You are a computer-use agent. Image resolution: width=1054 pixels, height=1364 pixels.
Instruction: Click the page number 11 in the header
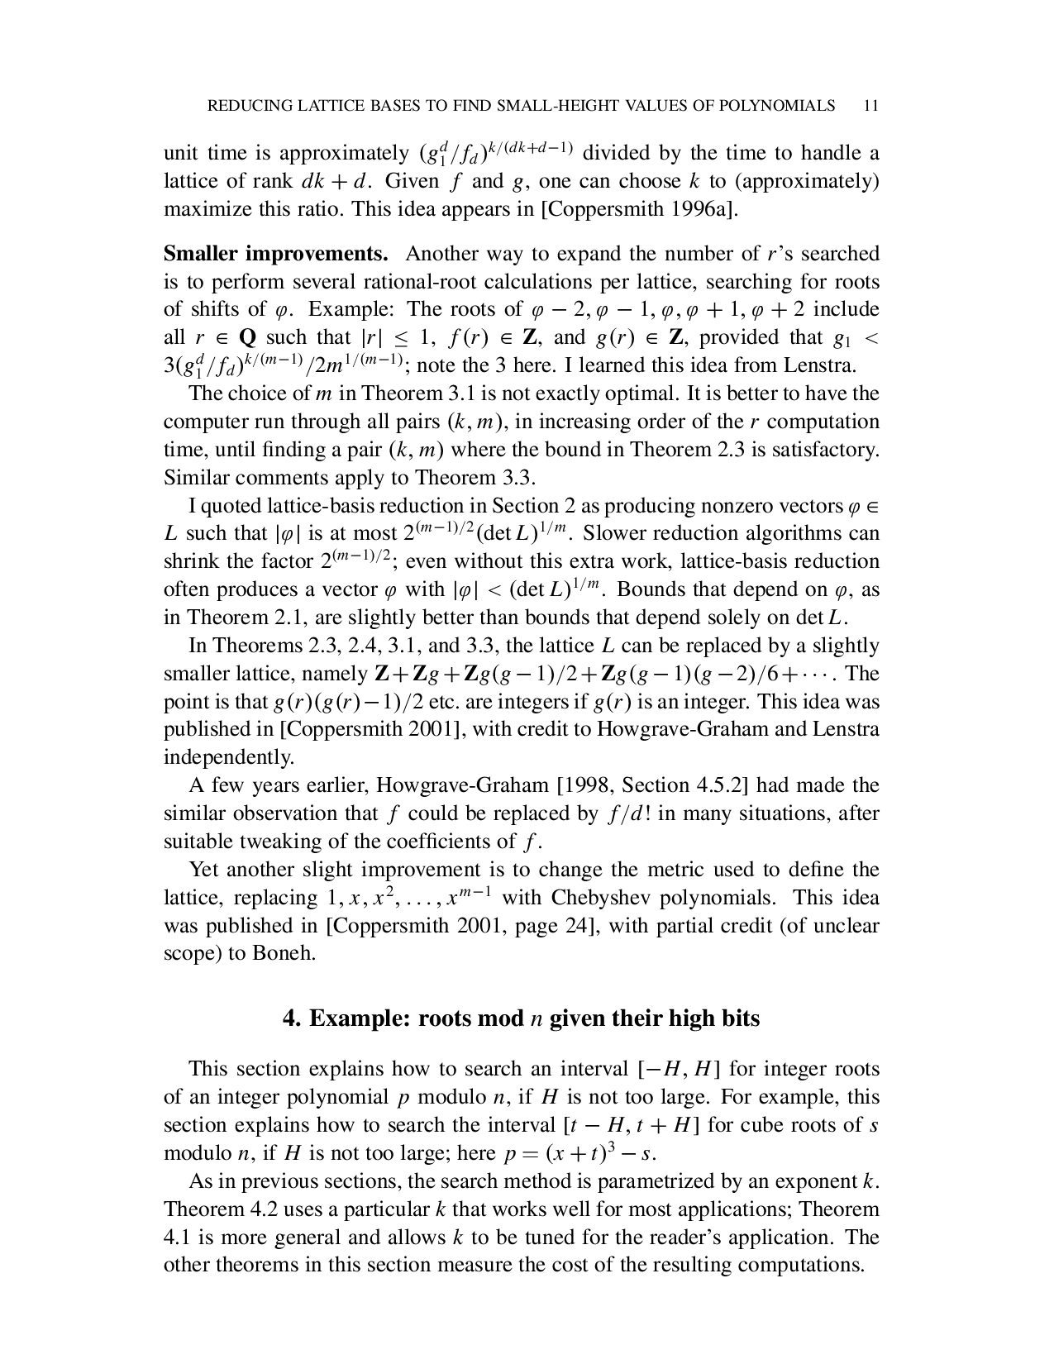tap(869, 106)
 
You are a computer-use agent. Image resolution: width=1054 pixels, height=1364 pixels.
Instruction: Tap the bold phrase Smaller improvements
tap(276, 254)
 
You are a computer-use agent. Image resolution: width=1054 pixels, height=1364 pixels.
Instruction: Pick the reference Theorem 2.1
tap(239, 618)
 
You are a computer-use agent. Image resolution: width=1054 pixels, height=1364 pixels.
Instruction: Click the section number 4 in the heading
tap(290, 1018)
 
